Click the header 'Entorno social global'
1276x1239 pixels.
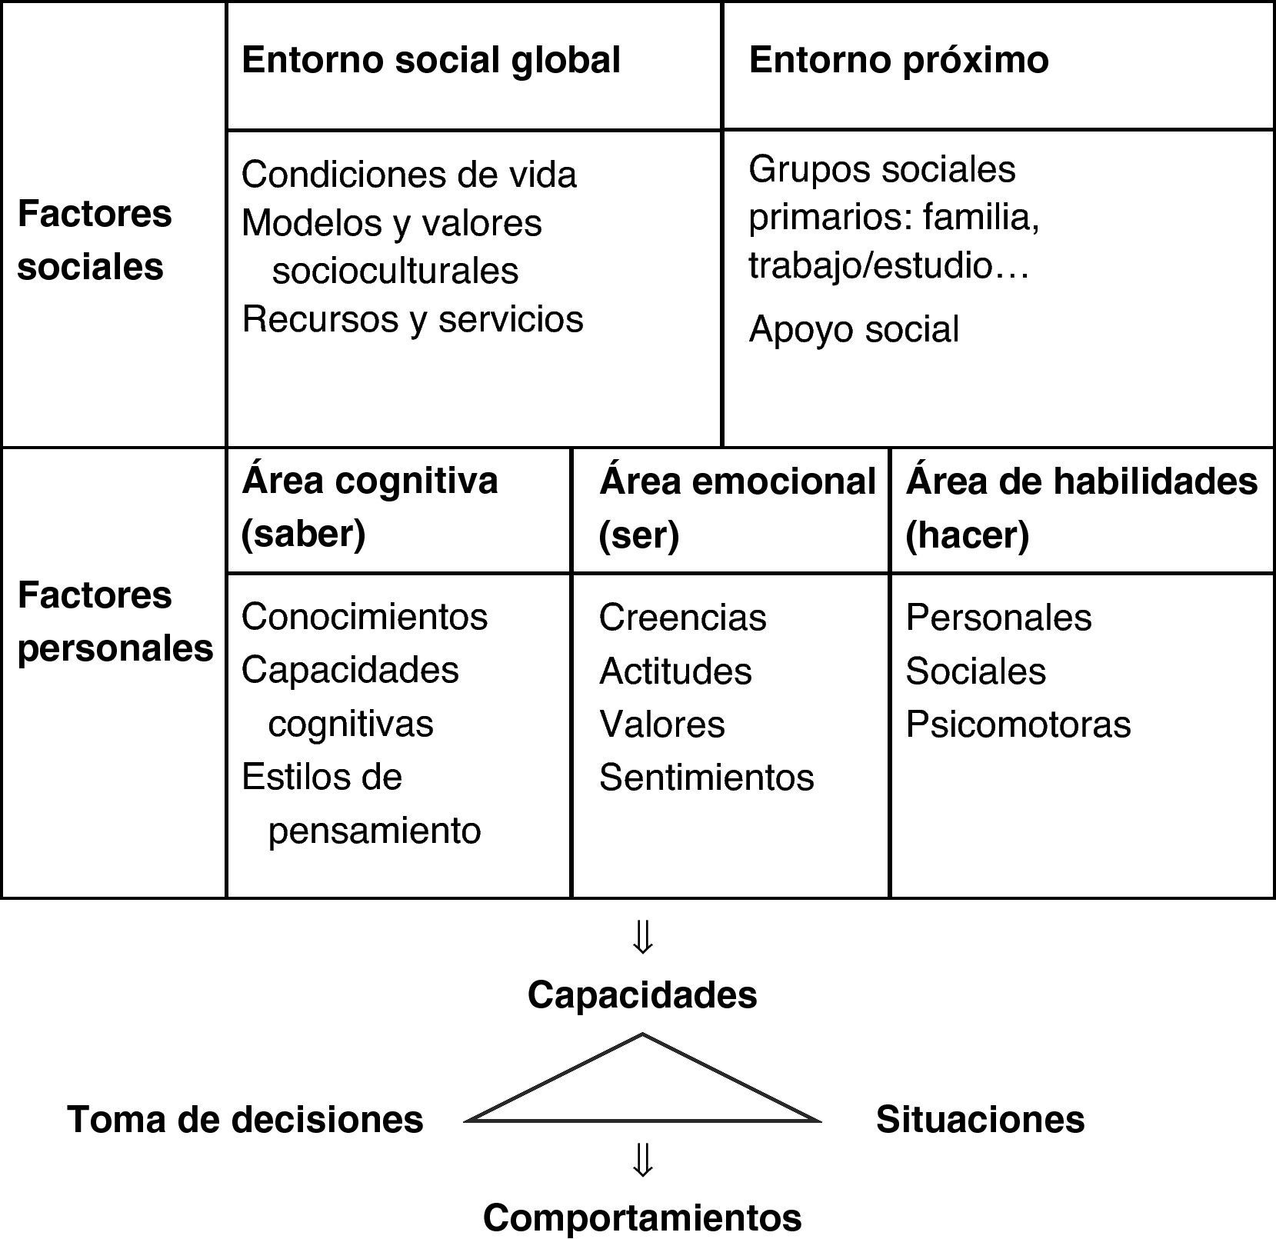pyautogui.click(x=431, y=61)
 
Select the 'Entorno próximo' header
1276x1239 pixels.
pyautogui.click(x=898, y=61)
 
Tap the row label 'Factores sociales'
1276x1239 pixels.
pyautogui.click(x=94, y=240)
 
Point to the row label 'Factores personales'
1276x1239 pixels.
pyautogui.click(x=115, y=621)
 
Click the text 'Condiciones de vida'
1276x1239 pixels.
pyautogui.click(x=408, y=175)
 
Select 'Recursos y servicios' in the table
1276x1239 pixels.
pyautogui.click(x=412, y=319)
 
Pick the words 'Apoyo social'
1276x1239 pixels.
pyautogui.click(x=854, y=329)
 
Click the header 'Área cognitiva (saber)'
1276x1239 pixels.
pyautogui.click(x=369, y=508)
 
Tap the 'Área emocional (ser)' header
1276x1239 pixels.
pyautogui.click(x=737, y=508)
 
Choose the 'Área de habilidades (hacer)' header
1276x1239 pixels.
pyautogui.click(x=1081, y=508)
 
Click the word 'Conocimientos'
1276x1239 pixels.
pyautogui.click(x=365, y=617)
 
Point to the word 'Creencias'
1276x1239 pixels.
pyautogui.click(x=682, y=618)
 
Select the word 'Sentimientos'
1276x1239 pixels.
pyautogui.click(x=706, y=778)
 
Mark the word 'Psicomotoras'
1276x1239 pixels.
pyautogui.click(x=1018, y=724)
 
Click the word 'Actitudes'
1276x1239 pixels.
pyautogui.click(x=675, y=671)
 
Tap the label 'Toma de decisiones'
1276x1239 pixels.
pyautogui.click(x=245, y=1120)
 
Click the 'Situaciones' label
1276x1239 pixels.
pyautogui.click(x=980, y=1120)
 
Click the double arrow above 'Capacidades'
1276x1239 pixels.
pyautogui.click(x=642, y=938)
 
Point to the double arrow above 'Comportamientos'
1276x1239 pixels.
pyautogui.click(x=642, y=1161)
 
